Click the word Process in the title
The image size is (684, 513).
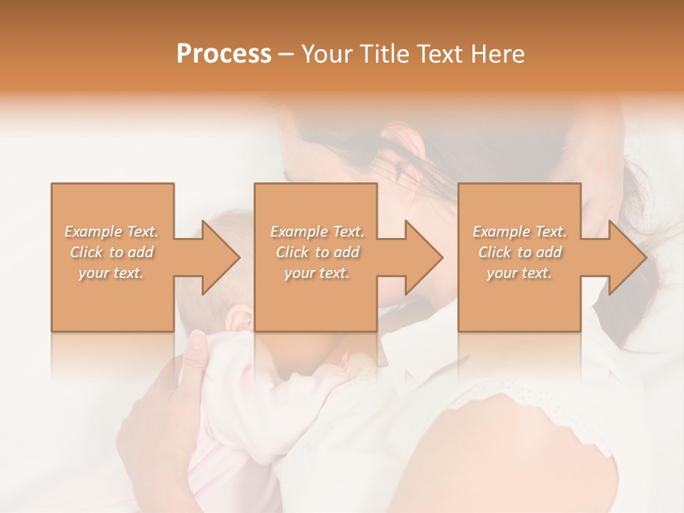pos(224,54)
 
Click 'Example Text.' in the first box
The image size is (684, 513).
pos(112,232)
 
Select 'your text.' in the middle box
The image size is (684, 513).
pos(316,273)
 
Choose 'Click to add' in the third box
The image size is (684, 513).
pos(519,252)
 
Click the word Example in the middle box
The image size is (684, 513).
pos(296,232)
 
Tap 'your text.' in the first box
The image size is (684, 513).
pos(112,273)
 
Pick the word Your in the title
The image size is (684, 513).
pos(325,54)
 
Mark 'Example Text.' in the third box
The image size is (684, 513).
pos(519,232)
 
